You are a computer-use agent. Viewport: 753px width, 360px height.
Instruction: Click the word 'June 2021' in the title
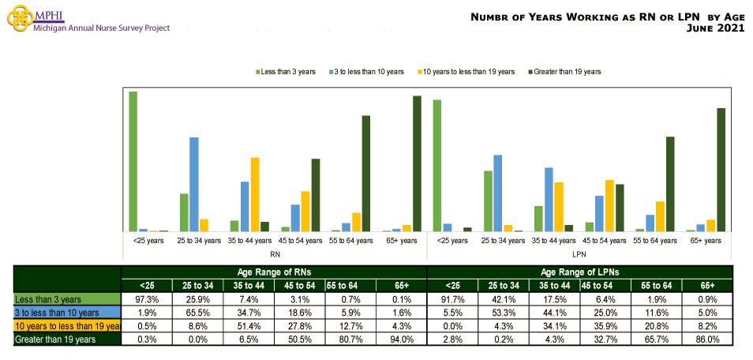tap(716, 28)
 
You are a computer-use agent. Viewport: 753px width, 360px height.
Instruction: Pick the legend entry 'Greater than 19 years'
tap(565, 72)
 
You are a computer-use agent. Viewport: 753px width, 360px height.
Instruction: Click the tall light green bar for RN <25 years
tap(133, 161)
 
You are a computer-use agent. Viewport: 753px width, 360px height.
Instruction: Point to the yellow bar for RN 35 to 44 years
tap(254, 194)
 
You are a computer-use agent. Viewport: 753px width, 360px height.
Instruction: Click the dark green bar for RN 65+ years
tap(417, 163)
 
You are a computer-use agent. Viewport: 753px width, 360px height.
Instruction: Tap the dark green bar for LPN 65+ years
tap(721, 170)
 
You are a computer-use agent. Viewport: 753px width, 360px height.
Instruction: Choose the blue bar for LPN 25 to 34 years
tap(497, 193)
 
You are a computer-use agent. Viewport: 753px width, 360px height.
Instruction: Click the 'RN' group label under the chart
tap(275, 254)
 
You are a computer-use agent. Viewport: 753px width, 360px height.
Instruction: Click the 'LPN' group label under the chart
tap(579, 254)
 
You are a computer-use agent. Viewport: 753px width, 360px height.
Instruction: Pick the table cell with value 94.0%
tap(401, 339)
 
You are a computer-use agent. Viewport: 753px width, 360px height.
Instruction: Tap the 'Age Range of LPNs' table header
tap(579, 272)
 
